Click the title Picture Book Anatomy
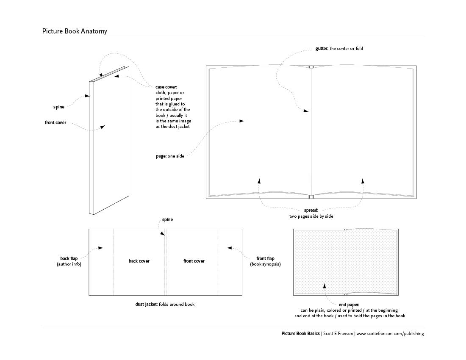(x=75, y=31)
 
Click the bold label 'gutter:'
(x=322, y=49)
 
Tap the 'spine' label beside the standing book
(x=59, y=107)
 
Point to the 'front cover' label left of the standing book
(x=55, y=123)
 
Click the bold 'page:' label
(x=161, y=156)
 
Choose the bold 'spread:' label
(x=311, y=210)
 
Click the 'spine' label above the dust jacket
(x=168, y=220)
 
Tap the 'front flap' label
(x=265, y=258)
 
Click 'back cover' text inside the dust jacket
(x=139, y=261)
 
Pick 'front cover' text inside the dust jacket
(x=194, y=261)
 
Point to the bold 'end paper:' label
(x=349, y=305)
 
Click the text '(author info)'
(x=69, y=264)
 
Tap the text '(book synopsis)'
(x=265, y=264)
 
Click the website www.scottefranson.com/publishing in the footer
(x=390, y=334)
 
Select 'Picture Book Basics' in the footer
(x=301, y=334)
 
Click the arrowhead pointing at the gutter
(x=306, y=111)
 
